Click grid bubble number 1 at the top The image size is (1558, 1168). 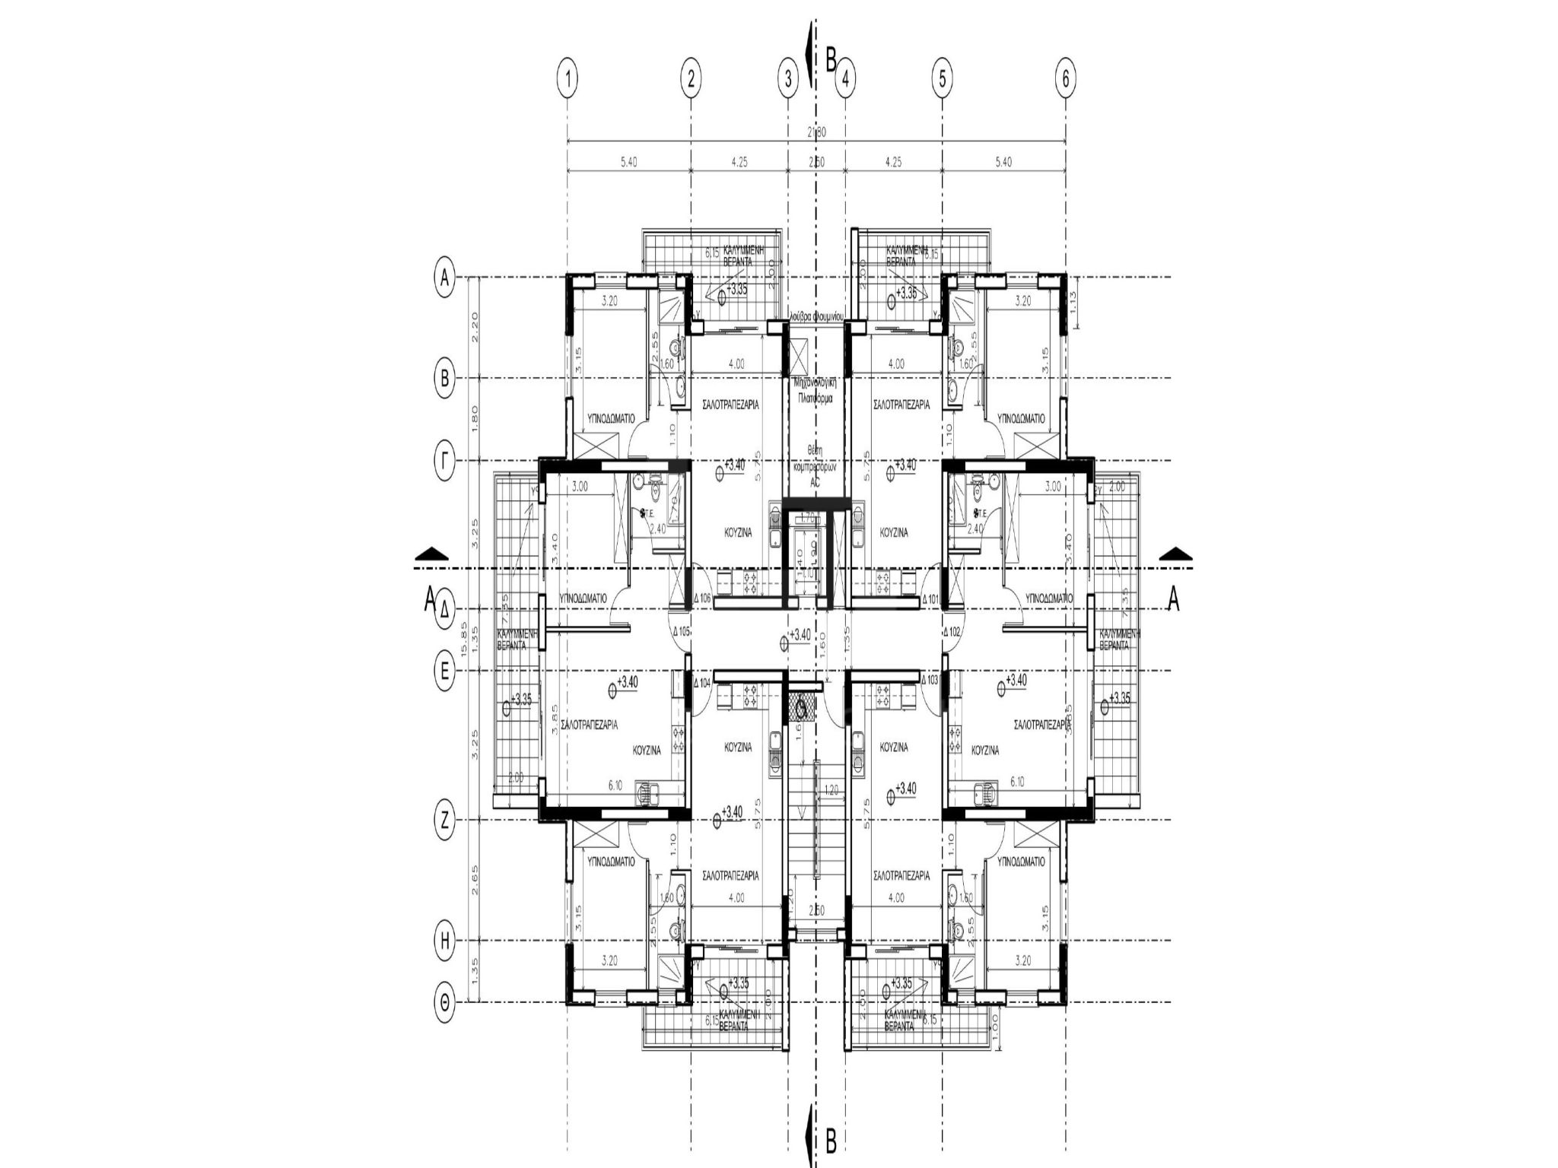[568, 78]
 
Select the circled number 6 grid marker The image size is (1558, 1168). [1065, 78]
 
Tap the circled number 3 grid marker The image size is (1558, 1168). [787, 78]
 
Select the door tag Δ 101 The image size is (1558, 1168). [930, 599]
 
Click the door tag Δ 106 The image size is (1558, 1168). [702, 599]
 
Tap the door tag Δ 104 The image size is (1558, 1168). [702, 683]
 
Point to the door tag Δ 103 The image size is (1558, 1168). [930, 680]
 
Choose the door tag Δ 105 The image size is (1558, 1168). [682, 631]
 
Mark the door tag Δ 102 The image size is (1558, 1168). [952, 631]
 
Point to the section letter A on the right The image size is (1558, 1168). [1173, 601]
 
